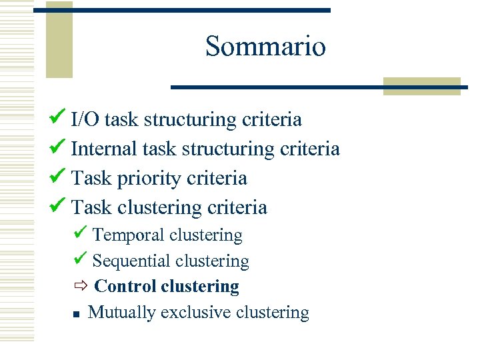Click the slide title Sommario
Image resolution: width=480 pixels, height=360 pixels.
click(265, 47)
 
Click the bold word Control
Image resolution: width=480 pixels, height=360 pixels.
click(125, 287)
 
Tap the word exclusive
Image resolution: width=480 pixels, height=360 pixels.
click(193, 313)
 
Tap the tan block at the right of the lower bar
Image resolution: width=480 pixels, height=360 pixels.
click(421, 87)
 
